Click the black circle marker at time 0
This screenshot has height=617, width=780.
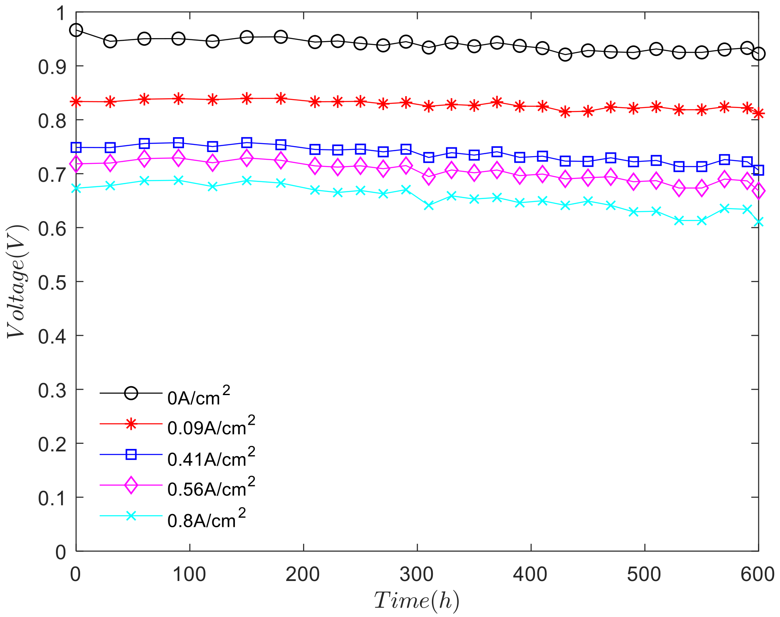point(76,30)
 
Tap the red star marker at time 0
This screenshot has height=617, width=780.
point(76,102)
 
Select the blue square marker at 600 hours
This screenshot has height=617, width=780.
point(758,170)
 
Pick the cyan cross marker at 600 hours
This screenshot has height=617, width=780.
point(758,222)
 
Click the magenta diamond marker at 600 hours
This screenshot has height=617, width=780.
point(758,191)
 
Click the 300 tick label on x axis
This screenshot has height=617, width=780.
point(417,575)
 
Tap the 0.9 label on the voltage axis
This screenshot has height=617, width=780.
point(52,67)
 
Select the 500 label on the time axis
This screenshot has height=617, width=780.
point(644,575)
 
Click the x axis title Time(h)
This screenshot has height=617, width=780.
point(417,601)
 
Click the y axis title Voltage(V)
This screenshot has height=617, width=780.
point(17,282)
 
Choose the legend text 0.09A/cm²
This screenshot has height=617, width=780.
point(211,426)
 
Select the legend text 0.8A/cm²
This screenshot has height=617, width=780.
point(206,519)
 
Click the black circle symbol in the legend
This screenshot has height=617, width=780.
point(131,393)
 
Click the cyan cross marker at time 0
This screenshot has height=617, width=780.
point(76,188)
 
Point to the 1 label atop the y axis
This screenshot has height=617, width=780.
point(61,13)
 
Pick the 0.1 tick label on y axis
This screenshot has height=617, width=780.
point(52,498)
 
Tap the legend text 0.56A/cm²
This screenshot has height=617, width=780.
point(211,488)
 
